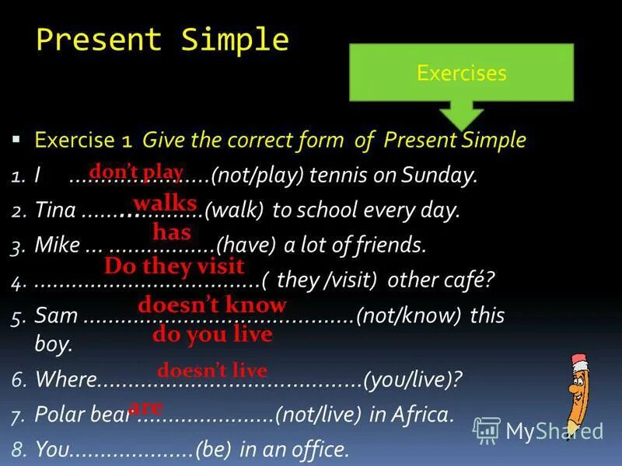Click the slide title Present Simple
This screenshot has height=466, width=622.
point(162,40)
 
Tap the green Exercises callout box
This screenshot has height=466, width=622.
point(461,73)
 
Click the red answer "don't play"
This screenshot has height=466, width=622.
point(136,172)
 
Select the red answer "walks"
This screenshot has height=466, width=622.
point(165,203)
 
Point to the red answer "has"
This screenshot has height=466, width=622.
point(172,231)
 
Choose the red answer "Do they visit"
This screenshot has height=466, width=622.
point(174,266)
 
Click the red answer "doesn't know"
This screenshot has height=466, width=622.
point(212,304)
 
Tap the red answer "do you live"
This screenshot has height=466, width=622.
point(212,335)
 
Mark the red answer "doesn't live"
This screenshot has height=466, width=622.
point(212,370)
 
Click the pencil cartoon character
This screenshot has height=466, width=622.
point(579,393)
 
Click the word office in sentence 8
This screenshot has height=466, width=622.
point(320,449)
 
